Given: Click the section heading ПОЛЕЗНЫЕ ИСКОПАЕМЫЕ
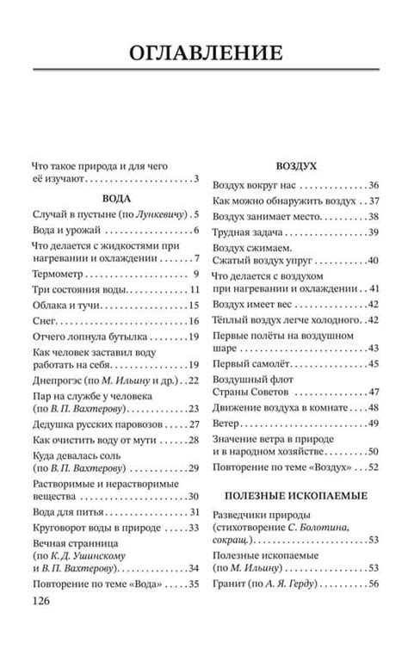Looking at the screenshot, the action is pyautogui.click(x=295, y=496).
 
